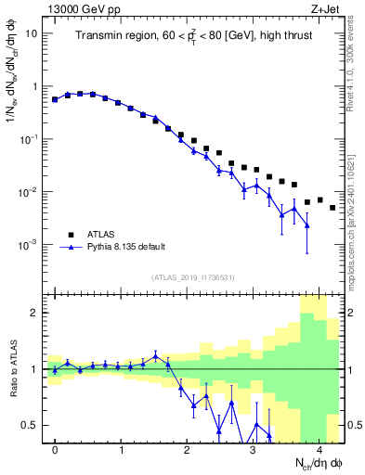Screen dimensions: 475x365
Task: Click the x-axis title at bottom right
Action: coord(309,462)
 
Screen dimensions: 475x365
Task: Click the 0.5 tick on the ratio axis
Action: coord(33,425)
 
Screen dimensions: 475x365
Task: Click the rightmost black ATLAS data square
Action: coord(333,207)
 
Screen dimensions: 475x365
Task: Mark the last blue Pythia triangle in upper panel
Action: coord(306,225)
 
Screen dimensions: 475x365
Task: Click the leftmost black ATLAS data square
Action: coord(55,99)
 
